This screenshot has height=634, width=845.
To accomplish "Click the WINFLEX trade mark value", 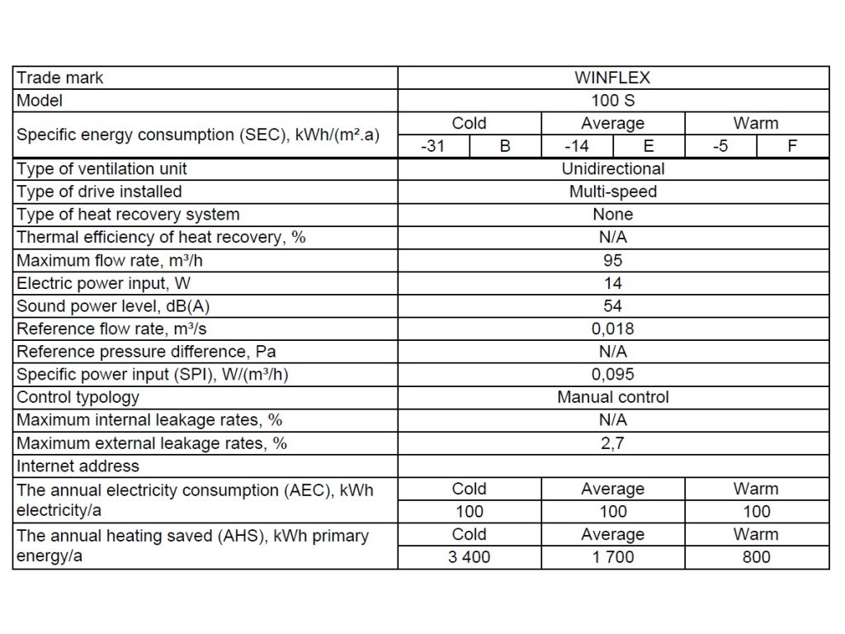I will (x=612, y=78).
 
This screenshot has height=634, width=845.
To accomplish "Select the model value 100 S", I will (x=612, y=101).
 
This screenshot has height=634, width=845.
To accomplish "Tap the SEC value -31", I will (x=434, y=146).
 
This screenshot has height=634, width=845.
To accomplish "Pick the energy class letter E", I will (x=649, y=146).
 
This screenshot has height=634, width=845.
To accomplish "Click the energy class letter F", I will (x=792, y=146).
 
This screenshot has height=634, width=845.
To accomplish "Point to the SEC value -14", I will (x=577, y=146).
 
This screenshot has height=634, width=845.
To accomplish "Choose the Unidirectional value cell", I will (x=612, y=168).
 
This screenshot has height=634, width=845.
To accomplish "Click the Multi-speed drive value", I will (x=612, y=192).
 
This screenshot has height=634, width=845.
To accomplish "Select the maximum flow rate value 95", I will (x=612, y=260).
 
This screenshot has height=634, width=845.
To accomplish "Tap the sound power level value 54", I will (x=612, y=305).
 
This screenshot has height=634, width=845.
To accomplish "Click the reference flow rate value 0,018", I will (x=612, y=329).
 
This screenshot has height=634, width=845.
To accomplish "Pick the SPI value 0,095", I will (x=612, y=374).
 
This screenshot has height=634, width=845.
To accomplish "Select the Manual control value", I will (x=612, y=397).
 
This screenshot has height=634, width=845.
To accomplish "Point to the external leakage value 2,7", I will (x=612, y=442).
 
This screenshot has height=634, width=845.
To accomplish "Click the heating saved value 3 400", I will (x=469, y=557).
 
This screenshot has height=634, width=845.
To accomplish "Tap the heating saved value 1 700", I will (x=612, y=557).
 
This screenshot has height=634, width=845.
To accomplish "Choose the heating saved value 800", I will (x=756, y=557).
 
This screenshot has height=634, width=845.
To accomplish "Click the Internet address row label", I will (x=78, y=466).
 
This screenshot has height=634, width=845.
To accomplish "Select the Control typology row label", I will (x=78, y=397).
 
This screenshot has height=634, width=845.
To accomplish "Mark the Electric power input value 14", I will (x=612, y=283).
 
